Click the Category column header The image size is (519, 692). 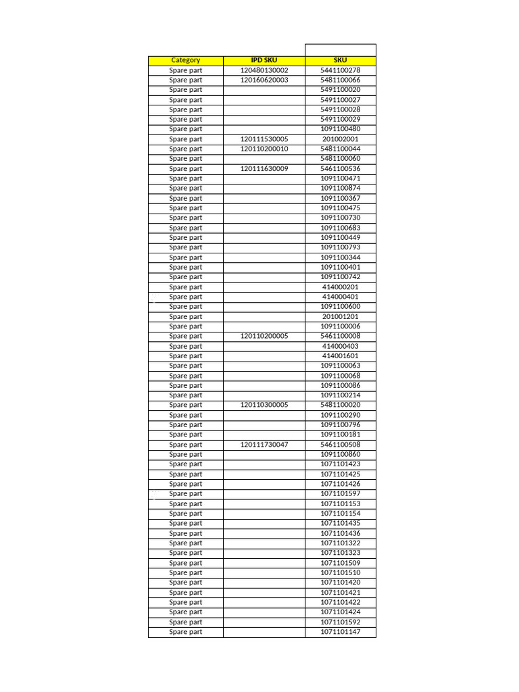coord(185,60)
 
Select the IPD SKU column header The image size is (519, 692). coord(264,60)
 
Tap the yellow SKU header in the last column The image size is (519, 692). coord(340,60)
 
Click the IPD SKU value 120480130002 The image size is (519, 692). coord(264,70)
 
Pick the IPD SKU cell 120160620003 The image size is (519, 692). coord(264,80)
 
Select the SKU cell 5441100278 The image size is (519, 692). coord(340,70)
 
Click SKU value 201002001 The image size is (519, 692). coord(340,139)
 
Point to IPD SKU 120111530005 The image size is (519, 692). coord(264,139)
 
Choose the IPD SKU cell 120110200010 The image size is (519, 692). coord(264,149)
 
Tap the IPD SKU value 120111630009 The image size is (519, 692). coord(264,168)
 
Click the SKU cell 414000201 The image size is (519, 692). coord(340,287)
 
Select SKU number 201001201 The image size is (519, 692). coord(340,316)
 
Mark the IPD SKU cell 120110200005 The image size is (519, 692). coord(264,336)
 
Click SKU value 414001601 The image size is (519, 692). coord(340,356)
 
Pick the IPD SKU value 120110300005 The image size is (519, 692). coord(264,405)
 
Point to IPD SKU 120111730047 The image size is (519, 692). coord(264,445)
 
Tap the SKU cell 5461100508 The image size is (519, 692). coord(340,445)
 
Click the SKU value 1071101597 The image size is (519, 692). coord(340,494)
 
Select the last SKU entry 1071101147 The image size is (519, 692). coord(340,632)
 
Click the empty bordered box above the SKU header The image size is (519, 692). coord(340,50)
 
